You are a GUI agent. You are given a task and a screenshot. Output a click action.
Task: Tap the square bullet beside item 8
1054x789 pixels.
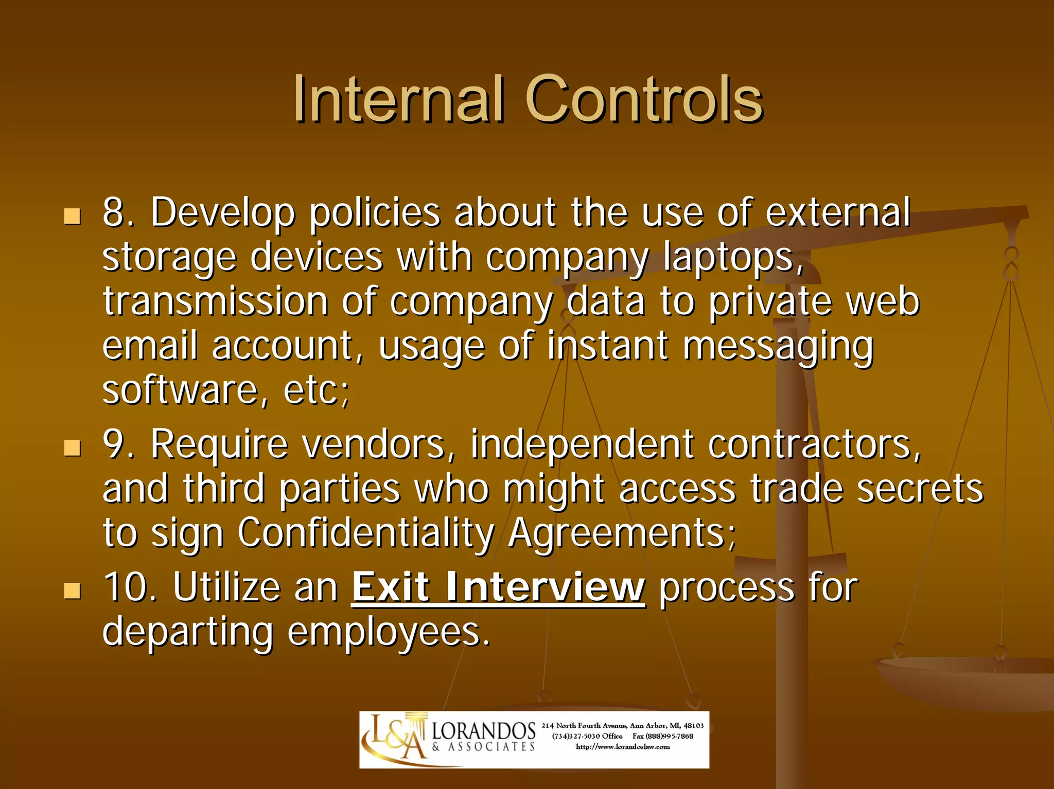pos(72,216)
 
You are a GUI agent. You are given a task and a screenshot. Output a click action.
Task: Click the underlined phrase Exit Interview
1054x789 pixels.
pos(498,587)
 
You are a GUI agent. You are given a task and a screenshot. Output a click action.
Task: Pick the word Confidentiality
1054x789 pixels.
pos(365,533)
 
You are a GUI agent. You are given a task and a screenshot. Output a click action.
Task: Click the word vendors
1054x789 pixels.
pos(373,444)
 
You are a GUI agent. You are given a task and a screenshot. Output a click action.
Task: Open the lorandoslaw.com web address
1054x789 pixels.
pos(623,747)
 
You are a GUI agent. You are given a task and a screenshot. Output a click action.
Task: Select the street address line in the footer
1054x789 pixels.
pos(623,726)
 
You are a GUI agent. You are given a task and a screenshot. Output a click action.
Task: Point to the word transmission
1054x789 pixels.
pos(215,301)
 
